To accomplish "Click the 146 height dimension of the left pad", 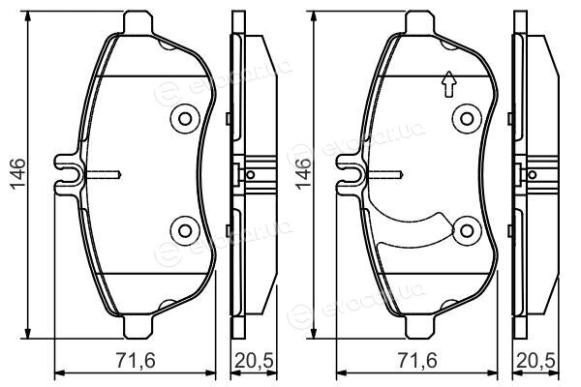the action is point(17,174).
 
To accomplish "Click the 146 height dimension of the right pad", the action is point(302,174).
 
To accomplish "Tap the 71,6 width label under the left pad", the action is point(136,361).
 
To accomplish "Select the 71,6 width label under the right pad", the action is point(417,361).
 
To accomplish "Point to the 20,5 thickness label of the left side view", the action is point(255,361).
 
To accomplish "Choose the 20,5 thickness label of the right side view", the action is point(536,361).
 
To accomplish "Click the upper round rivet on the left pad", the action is point(185,119).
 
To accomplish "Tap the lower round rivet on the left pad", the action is point(185,231).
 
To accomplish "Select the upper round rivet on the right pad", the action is point(467,119).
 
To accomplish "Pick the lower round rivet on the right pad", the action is point(467,231).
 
